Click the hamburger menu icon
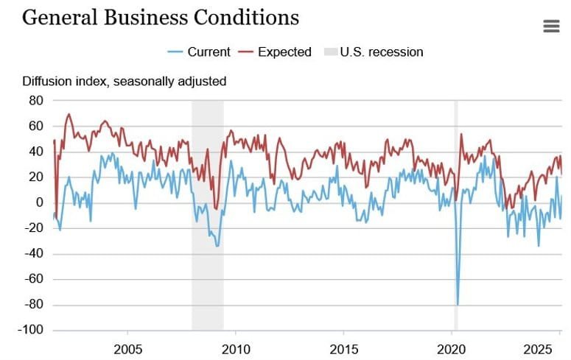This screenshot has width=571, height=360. click(x=551, y=26)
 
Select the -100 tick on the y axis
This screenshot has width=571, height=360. click(x=32, y=331)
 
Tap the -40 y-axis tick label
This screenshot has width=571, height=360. click(x=35, y=254)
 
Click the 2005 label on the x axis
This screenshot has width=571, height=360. click(x=127, y=347)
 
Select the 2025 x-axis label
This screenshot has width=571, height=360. click(x=546, y=347)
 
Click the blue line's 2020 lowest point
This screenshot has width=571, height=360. click(x=458, y=303)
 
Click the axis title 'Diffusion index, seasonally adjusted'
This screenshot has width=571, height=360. click(x=124, y=81)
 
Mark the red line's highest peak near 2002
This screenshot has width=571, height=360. click(x=69, y=115)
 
